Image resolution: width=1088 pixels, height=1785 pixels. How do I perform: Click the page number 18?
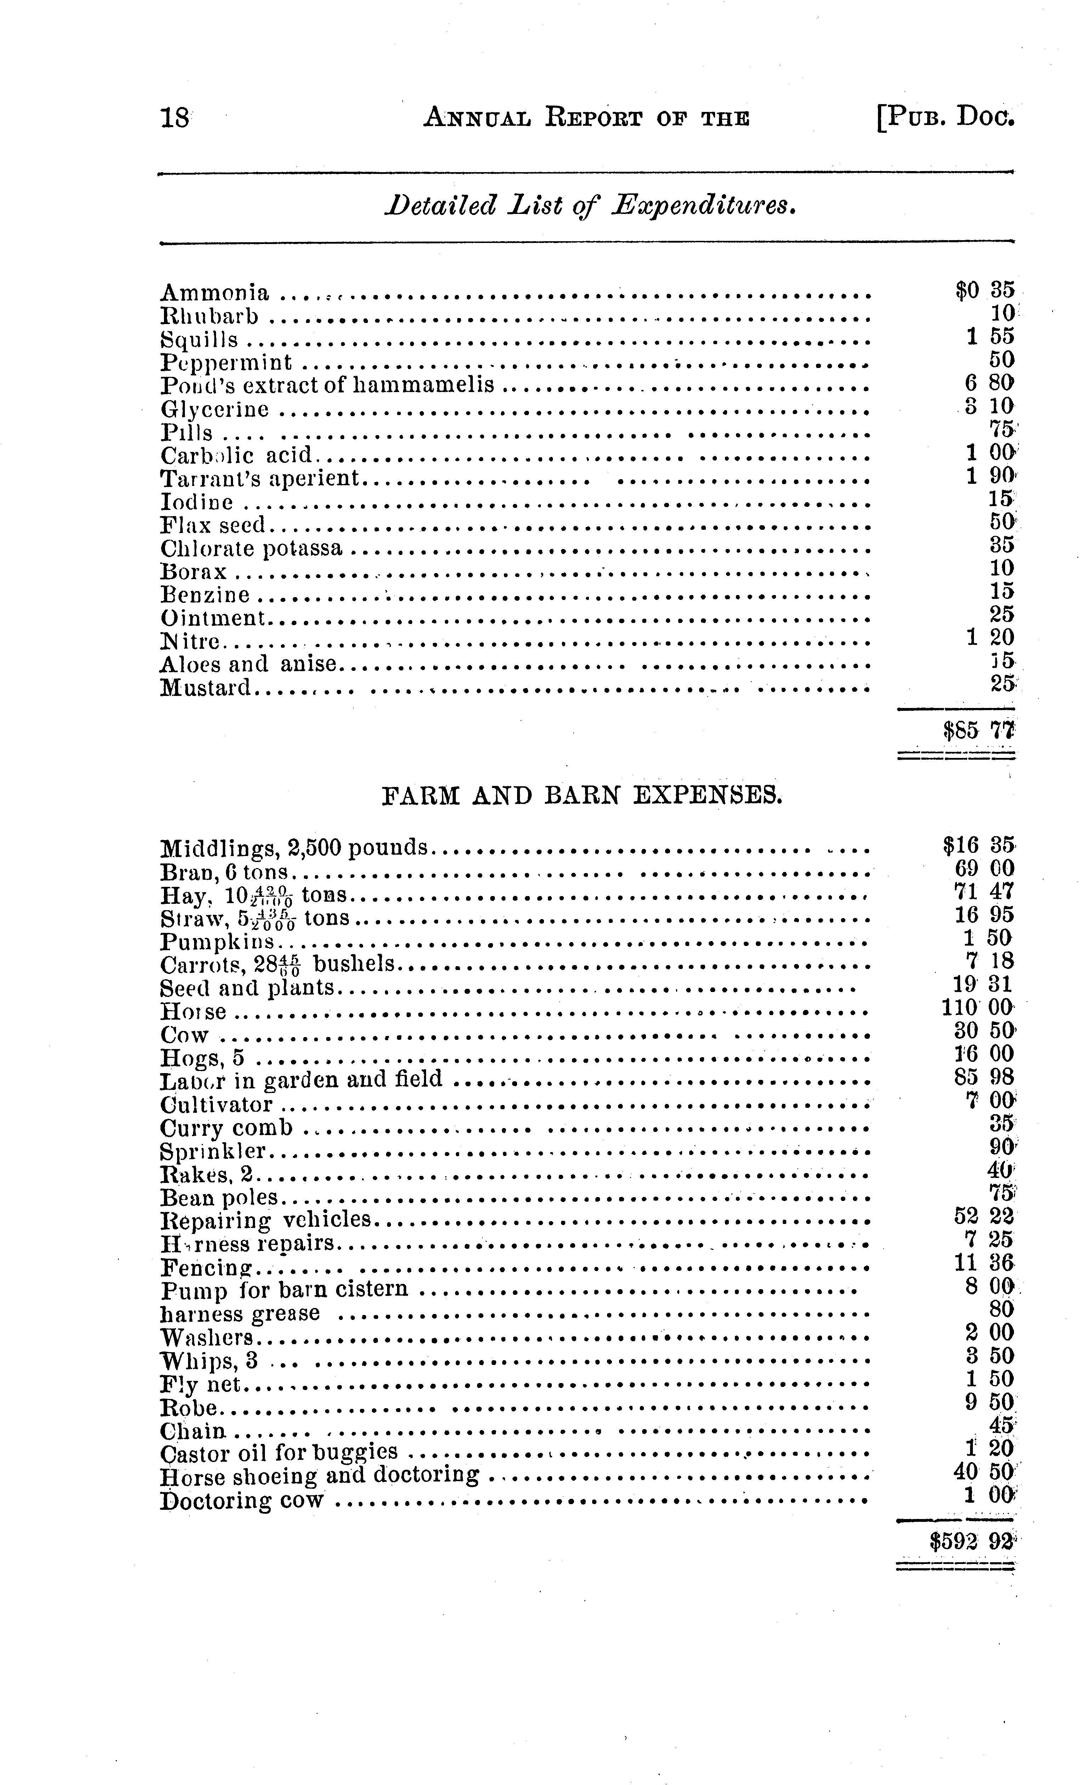coord(175,117)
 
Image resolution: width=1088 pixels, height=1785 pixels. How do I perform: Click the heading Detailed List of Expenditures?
coord(590,206)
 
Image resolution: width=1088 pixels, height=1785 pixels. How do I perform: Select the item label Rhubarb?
coord(209,317)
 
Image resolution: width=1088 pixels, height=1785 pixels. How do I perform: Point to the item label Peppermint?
coord(226,362)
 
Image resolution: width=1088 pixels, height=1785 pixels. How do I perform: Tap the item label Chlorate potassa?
coord(251,548)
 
